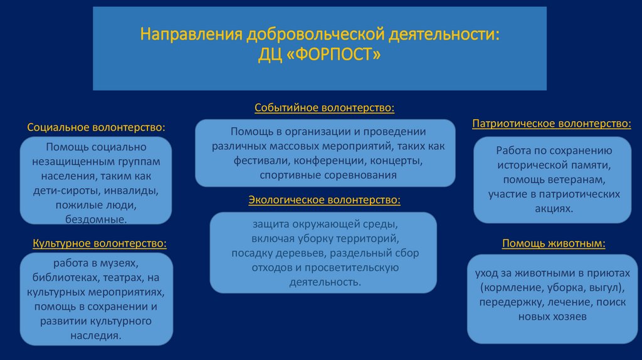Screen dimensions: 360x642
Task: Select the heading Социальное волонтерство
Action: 97,127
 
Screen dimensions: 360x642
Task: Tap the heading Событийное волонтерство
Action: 324,109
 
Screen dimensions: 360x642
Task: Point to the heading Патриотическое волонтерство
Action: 552,124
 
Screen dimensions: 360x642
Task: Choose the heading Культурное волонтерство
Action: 100,242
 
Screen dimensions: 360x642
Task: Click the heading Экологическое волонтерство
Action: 324,200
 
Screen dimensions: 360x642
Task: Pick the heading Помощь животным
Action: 553,243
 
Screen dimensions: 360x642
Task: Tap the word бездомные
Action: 96,219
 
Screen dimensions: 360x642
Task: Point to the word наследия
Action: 95,336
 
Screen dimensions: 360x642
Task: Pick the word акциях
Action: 554,208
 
